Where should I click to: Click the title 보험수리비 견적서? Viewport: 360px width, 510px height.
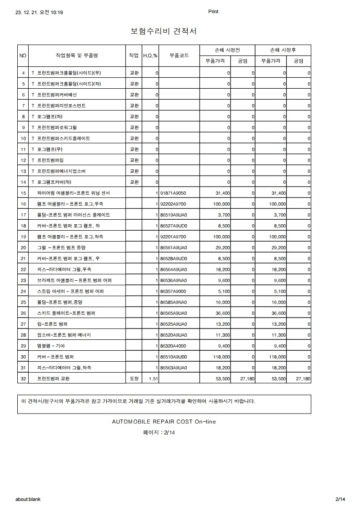click(x=164, y=31)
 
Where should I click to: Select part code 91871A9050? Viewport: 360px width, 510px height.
click(x=174, y=193)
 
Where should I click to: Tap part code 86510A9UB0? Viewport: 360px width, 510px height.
click(x=174, y=357)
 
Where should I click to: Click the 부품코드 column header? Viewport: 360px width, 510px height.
click(x=179, y=56)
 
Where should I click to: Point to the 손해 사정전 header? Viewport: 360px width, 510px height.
click(x=227, y=50)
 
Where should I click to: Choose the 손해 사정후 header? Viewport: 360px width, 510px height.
click(x=283, y=50)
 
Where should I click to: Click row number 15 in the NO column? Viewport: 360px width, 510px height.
click(x=24, y=193)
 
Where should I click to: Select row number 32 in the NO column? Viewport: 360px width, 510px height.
click(x=24, y=379)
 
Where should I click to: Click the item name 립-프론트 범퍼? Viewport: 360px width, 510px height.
click(x=52, y=324)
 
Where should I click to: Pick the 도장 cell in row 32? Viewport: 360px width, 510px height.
click(x=134, y=379)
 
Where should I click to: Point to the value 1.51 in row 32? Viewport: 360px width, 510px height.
click(x=153, y=379)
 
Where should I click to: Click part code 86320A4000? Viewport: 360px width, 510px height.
click(x=174, y=346)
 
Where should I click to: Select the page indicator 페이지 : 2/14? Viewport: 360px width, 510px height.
click(x=159, y=432)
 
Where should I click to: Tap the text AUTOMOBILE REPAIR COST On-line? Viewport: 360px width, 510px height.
click(x=164, y=422)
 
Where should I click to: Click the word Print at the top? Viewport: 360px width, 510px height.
click(x=213, y=12)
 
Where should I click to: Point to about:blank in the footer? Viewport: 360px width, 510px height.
click(x=28, y=499)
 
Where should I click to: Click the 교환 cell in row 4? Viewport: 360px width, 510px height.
click(x=134, y=73)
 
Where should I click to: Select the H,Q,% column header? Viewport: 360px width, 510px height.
click(x=150, y=56)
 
